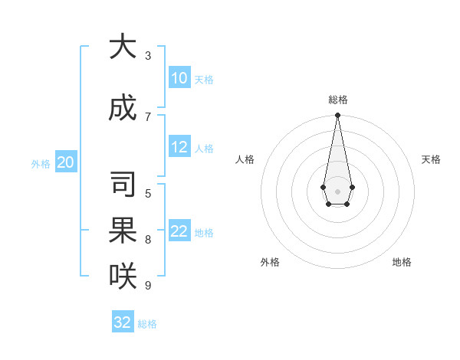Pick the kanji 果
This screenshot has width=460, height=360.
(x=123, y=230)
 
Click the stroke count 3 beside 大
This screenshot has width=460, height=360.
(x=148, y=56)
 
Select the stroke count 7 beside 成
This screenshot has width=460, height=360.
(x=148, y=116)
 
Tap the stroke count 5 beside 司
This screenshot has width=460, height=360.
(x=148, y=193)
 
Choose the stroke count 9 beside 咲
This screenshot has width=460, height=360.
(x=148, y=286)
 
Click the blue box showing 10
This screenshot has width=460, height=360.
(x=179, y=78)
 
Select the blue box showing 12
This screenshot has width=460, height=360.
(x=179, y=147)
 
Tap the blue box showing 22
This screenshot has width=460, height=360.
(x=179, y=231)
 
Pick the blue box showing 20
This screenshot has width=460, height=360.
(x=66, y=162)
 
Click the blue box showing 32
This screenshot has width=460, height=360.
(x=123, y=322)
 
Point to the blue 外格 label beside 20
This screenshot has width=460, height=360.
(x=41, y=163)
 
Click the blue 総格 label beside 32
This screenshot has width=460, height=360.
(x=147, y=324)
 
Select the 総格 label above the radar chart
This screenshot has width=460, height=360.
(x=337, y=100)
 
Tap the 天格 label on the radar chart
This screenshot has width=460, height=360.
(x=431, y=159)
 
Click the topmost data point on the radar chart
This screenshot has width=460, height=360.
(x=337, y=116)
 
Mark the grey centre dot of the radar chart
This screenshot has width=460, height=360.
(x=337, y=191)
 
